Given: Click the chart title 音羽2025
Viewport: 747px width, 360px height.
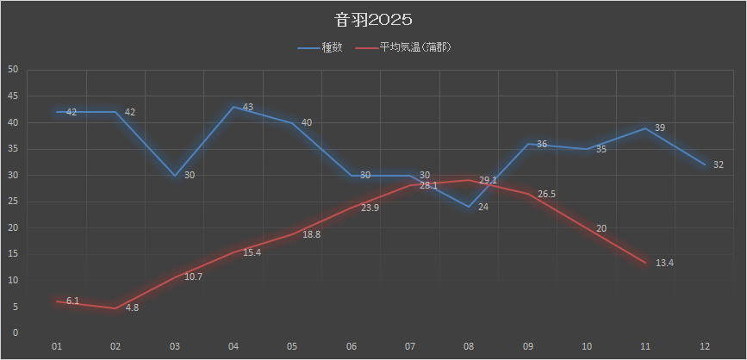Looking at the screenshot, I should pos(374,19).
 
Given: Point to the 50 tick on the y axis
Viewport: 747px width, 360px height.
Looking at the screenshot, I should pos(13,70).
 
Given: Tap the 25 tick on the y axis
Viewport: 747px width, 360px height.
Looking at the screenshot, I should pos(13,202).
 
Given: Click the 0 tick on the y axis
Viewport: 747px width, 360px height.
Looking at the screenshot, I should pos(16,333).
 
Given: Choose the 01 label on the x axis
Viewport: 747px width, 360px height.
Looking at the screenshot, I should pos(57,346).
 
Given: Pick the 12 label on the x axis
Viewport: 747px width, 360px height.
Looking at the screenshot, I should pos(704,346).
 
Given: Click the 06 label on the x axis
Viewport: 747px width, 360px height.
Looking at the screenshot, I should pos(351,346).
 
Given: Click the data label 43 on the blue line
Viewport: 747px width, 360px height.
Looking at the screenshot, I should pos(247,108).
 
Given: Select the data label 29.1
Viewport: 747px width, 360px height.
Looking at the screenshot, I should pos(488,181).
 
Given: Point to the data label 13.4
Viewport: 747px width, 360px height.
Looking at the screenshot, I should pos(664,263).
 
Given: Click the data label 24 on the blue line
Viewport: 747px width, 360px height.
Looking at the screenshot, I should pos(482,207).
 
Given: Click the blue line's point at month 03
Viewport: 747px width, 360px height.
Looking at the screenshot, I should pos(175,175).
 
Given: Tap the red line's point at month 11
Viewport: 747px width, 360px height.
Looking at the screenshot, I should pos(645,263).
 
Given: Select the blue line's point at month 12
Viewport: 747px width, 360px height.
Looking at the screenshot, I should pos(704,164).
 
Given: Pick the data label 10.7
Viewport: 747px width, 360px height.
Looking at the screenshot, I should pos(193,276).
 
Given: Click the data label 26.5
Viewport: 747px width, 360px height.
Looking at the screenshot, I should pos(546,195).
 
